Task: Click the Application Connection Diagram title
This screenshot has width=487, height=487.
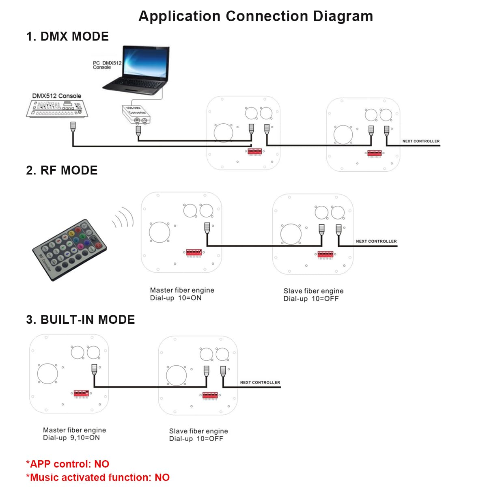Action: click(x=256, y=16)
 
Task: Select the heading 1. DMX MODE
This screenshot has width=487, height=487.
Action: click(x=67, y=37)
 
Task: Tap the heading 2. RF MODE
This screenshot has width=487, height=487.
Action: click(x=62, y=170)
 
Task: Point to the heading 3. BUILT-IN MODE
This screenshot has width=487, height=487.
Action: click(x=80, y=320)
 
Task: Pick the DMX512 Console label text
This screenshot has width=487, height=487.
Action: click(x=57, y=96)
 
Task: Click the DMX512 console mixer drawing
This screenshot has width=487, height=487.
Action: click(x=57, y=109)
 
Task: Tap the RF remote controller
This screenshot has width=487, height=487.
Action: click(x=69, y=250)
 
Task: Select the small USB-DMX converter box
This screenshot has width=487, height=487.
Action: click(x=136, y=114)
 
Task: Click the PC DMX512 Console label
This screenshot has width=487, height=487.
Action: click(x=107, y=65)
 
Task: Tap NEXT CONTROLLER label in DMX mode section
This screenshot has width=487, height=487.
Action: click(x=421, y=141)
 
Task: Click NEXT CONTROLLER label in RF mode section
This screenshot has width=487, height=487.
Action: click(x=376, y=241)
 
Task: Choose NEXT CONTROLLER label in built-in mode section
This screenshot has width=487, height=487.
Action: click(x=260, y=382)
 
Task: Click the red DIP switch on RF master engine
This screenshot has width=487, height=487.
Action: click(x=194, y=253)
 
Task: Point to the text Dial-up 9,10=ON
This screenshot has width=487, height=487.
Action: click(x=71, y=438)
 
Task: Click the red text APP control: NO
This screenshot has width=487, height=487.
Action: click(x=68, y=464)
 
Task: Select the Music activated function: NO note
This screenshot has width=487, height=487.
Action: click(x=98, y=477)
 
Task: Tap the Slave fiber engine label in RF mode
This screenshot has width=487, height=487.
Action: click(x=313, y=291)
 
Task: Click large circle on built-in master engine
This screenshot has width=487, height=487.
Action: click(x=47, y=373)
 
